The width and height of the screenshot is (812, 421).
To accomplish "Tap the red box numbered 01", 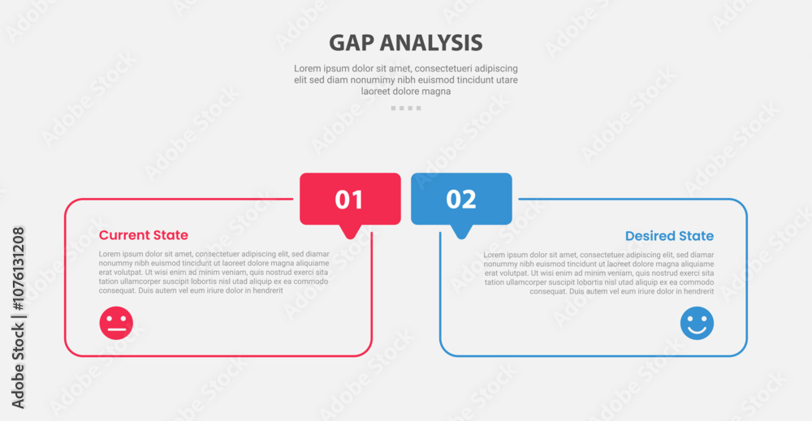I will [x=350, y=199].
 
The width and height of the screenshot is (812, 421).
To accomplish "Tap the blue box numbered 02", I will [x=461, y=199].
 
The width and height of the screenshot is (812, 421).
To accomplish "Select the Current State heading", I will [x=144, y=235].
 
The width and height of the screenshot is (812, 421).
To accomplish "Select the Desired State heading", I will [x=669, y=236].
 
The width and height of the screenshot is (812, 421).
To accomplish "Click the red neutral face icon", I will [x=116, y=323].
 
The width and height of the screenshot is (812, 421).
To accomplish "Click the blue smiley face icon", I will [x=697, y=323].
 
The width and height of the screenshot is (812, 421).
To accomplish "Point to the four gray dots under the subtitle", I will [x=406, y=108].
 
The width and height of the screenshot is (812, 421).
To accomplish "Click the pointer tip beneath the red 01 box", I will [x=350, y=236].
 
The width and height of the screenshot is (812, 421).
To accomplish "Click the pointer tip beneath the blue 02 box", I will [x=461, y=236].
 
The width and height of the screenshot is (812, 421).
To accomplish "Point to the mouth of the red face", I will [x=116, y=329].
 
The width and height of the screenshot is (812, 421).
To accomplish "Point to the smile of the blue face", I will [x=697, y=330].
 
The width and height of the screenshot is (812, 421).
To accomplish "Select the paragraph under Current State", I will [x=214, y=272].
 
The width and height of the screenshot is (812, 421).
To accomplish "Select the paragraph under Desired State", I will [x=598, y=273].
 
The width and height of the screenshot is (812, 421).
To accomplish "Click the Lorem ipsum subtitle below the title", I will [x=406, y=79].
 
